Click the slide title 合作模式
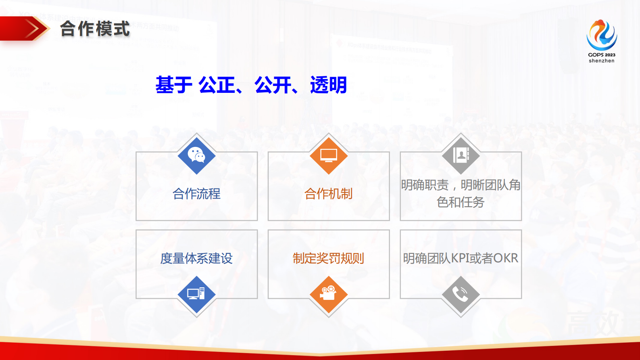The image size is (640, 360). tap(95, 29)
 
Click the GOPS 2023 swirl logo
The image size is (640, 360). tap(601, 35)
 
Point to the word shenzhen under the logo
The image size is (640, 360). tap(601, 61)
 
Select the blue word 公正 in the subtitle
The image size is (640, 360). tap(217, 85)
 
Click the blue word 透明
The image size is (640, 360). tap(328, 85)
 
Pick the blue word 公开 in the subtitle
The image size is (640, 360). tap(273, 85)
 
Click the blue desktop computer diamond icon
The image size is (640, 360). tap(196, 294)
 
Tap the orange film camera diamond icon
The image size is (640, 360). tap(329, 294)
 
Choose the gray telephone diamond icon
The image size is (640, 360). tap(461, 294)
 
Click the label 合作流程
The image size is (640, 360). tap(196, 194)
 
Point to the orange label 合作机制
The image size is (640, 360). tap(329, 194)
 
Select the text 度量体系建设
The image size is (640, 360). tap(196, 258)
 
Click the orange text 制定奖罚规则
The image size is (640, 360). tap(329, 258)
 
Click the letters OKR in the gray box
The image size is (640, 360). tap(505, 258)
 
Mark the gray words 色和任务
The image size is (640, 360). tap(461, 202)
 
